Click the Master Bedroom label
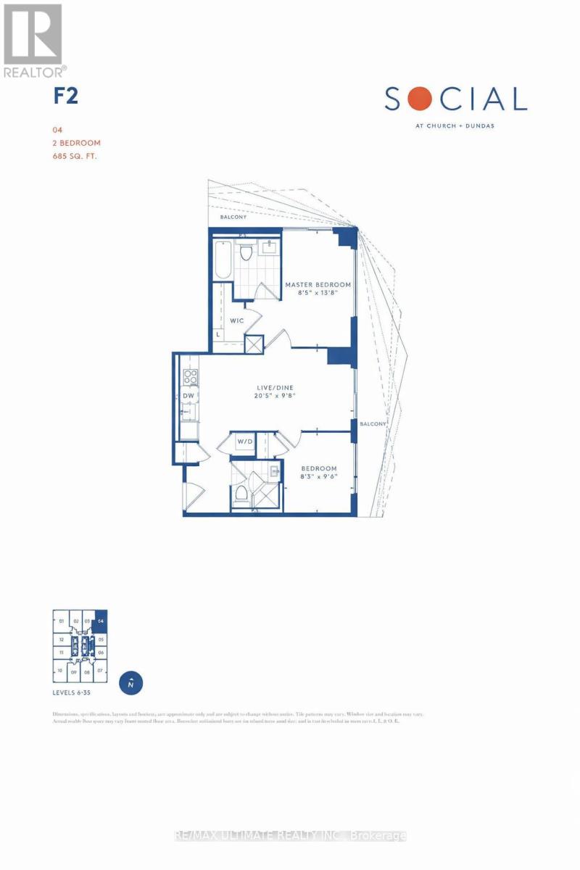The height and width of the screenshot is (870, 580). pyautogui.click(x=318, y=284)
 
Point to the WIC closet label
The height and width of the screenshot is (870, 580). pyautogui.click(x=236, y=319)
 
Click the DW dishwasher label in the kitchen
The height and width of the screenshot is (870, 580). pyautogui.click(x=188, y=395)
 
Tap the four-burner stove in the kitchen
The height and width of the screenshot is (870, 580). pyautogui.click(x=191, y=376)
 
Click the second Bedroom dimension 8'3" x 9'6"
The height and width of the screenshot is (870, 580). pyautogui.click(x=318, y=479)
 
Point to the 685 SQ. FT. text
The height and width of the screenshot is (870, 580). pyautogui.click(x=75, y=155)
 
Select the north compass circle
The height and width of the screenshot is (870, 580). pyautogui.click(x=131, y=683)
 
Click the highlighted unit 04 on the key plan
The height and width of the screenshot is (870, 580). pyautogui.click(x=101, y=621)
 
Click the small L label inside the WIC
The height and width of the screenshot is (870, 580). pyautogui.click(x=218, y=335)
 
